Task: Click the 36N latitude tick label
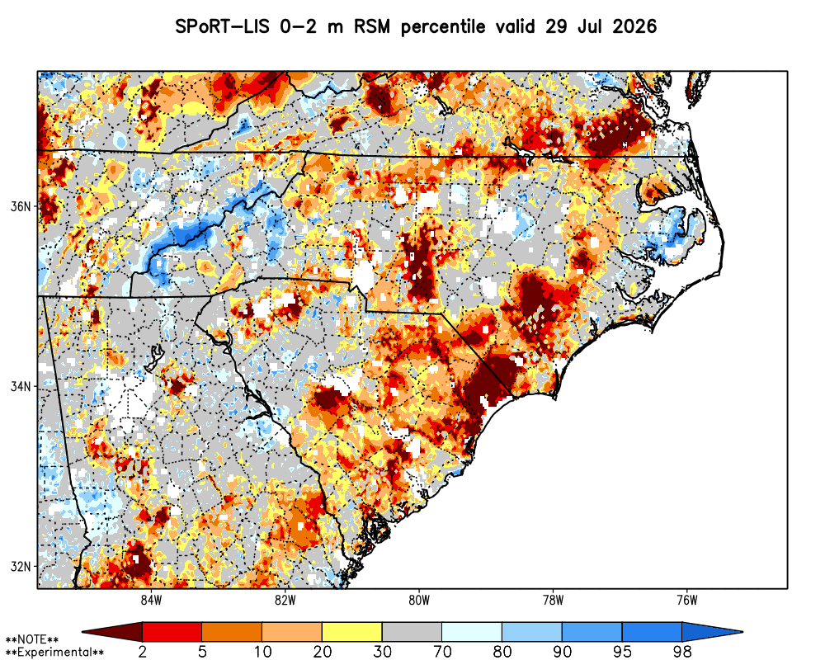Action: point(21,206)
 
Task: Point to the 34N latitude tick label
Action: point(21,387)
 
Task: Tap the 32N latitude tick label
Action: point(21,567)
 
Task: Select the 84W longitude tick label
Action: point(151,600)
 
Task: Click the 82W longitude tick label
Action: point(285,600)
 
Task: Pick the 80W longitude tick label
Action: point(419,600)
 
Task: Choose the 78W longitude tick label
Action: point(553,600)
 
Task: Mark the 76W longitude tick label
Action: point(687,600)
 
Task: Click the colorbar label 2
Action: point(143,652)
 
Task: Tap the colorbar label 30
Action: point(383,652)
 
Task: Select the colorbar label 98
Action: point(682,652)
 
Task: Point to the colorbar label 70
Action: point(442,652)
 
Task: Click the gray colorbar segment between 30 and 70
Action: point(412,632)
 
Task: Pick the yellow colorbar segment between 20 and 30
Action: point(352,632)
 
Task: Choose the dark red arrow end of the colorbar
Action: point(113,632)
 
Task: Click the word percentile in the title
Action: point(443,26)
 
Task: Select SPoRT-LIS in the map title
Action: point(223,26)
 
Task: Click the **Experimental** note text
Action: point(54,653)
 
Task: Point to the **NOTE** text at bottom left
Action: point(32,640)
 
